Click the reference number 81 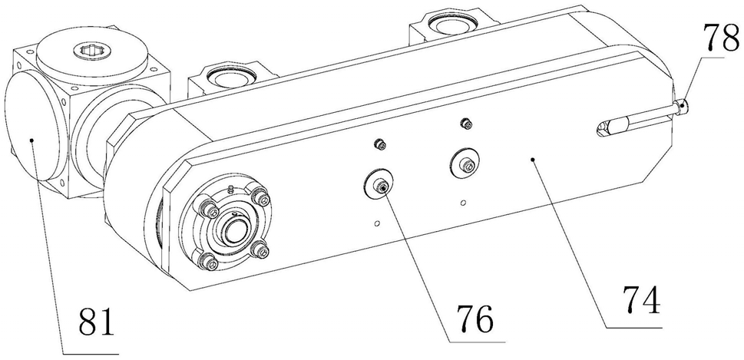click(x=97, y=322)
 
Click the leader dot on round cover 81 click(x=31, y=140)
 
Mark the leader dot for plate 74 click(x=534, y=160)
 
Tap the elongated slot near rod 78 click(x=613, y=127)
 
